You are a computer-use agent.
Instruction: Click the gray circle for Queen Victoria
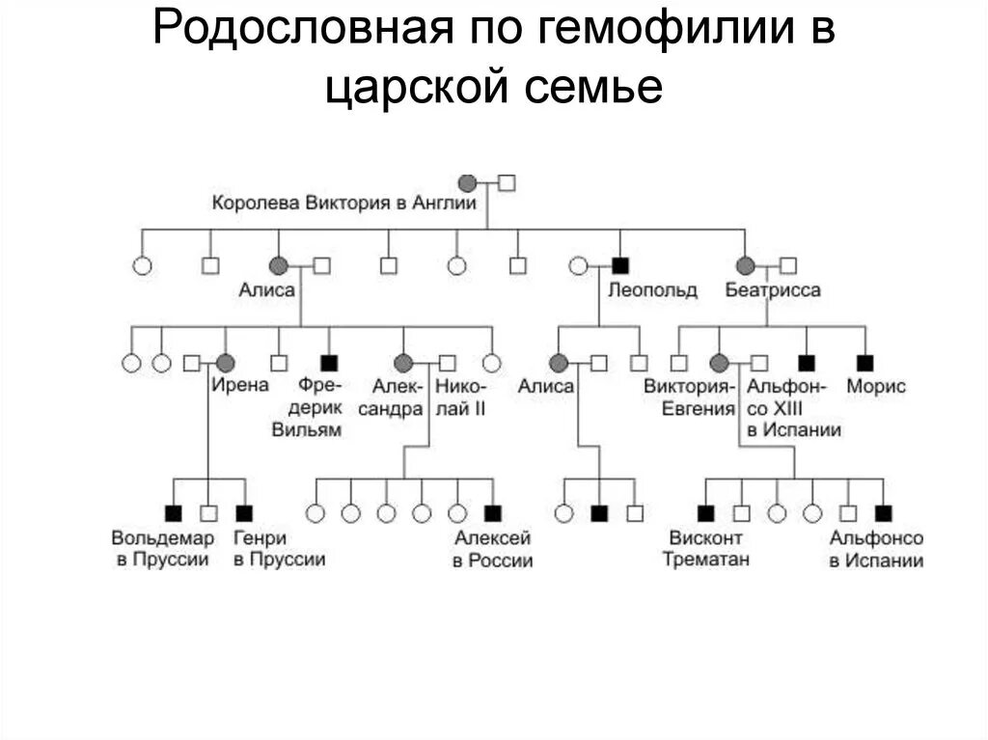(x=467, y=182)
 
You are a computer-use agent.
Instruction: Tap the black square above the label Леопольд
(x=620, y=265)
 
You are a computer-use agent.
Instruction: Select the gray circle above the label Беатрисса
(x=746, y=265)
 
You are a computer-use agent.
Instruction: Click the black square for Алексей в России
(x=493, y=513)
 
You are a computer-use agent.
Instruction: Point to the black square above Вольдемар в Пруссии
(x=174, y=513)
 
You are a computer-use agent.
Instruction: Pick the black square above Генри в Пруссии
(x=244, y=513)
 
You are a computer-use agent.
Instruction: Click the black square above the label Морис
(x=865, y=363)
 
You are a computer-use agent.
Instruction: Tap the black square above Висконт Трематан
(x=706, y=513)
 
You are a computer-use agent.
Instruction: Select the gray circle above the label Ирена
(x=226, y=363)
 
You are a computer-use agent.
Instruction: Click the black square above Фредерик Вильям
(x=330, y=363)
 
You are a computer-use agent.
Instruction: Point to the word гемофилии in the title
(x=653, y=31)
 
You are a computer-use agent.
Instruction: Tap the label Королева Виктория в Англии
(x=344, y=204)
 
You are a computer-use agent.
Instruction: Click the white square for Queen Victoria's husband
(x=507, y=182)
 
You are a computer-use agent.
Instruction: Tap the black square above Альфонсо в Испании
(x=883, y=513)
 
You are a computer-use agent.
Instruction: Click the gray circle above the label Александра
(x=403, y=363)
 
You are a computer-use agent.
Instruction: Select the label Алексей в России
(x=492, y=549)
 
